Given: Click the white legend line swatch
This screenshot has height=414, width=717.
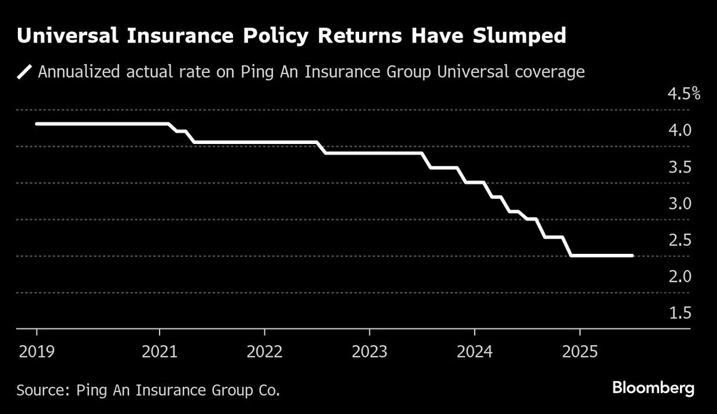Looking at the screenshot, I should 25,73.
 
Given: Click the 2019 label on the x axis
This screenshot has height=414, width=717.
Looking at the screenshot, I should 36,351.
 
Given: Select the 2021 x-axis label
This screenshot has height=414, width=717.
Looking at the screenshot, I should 160,351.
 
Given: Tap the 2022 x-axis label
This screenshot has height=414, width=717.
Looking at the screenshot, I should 265,351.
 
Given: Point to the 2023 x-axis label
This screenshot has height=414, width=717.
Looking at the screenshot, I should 369,351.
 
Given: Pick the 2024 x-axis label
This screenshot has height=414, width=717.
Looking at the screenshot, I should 474,351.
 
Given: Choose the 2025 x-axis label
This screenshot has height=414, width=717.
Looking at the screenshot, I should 580,351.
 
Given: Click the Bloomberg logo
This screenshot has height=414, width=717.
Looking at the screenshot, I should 653,388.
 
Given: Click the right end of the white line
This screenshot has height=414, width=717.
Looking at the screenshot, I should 632,256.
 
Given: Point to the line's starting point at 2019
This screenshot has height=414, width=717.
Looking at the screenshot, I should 37,124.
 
